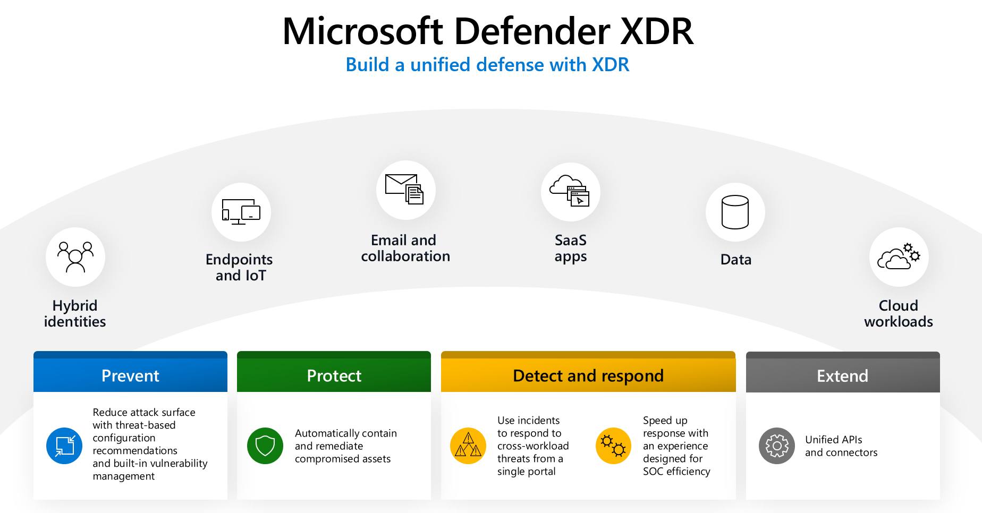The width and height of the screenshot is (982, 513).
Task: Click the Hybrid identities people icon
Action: tap(75, 257)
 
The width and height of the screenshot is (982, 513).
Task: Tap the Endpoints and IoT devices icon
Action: tap(241, 212)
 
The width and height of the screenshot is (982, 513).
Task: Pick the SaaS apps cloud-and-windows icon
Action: tap(571, 192)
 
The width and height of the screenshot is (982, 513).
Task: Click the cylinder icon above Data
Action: tap(735, 212)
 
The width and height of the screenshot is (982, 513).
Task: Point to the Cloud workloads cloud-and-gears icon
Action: tap(899, 257)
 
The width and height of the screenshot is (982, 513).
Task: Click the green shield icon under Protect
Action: tap(265, 446)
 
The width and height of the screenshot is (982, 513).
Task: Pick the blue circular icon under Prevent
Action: tap(64, 446)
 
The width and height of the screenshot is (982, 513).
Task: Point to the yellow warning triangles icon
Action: tap(468, 446)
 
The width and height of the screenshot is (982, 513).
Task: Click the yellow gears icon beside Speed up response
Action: tap(614, 446)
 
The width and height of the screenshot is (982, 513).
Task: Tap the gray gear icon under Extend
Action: tap(777, 446)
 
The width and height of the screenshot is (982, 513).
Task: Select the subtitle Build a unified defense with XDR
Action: tap(487, 65)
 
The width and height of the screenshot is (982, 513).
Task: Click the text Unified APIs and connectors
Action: tap(841, 446)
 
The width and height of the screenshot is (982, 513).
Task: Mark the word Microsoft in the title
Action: tap(362, 31)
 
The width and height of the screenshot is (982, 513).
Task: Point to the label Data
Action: tap(736, 259)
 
